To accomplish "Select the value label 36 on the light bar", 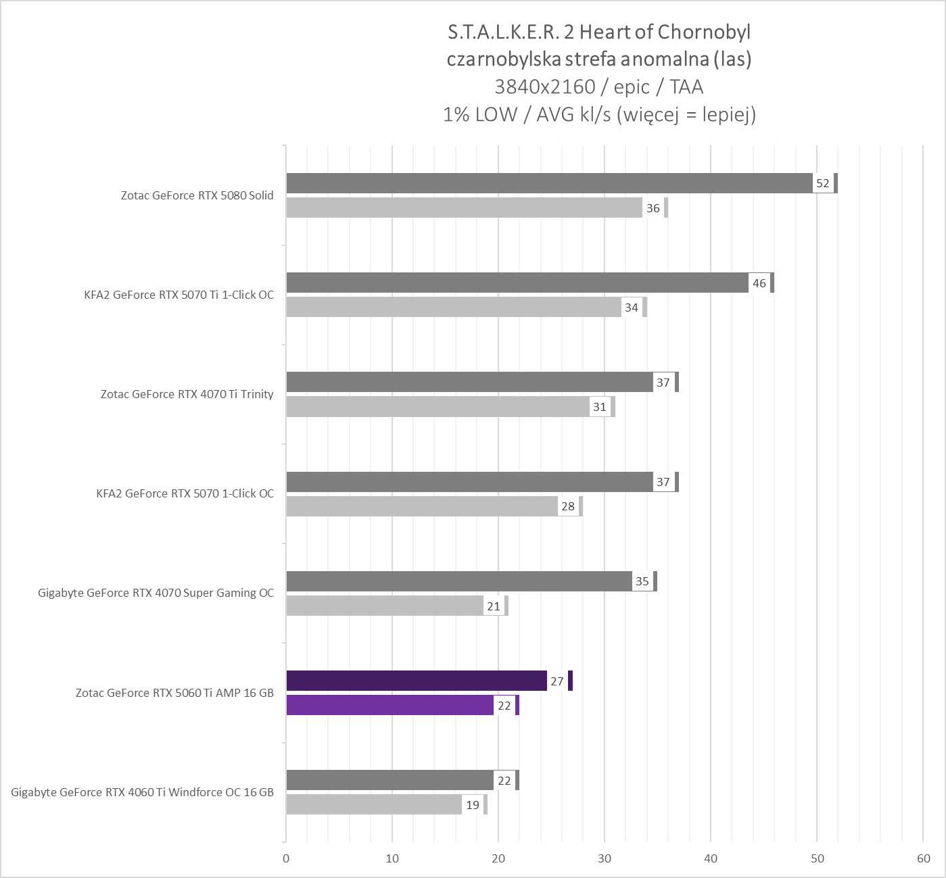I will tap(653, 208).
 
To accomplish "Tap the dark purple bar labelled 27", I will tap(417, 681).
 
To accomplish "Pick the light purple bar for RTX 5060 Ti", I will tap(389, 705).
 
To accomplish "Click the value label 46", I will tap(759, 283).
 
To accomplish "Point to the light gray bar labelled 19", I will tap(373, 804).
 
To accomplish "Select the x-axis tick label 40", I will tap(711, 859).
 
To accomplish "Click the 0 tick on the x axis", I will tap(286, 859).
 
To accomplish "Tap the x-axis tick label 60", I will tap(923, 859).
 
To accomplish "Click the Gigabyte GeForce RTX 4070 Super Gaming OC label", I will tap(156, 593).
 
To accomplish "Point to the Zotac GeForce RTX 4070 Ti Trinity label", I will tap(187, 394).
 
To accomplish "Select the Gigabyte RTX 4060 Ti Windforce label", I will tap(143, 792).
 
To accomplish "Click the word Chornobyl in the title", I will tap(704, 32).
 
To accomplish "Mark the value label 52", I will tap(823, 183).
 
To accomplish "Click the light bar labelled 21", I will tap(385, 606).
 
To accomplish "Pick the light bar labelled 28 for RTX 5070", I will tap(422, 506).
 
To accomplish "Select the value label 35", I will tap(642, 581).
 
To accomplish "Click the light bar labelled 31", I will tap(438, 407).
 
